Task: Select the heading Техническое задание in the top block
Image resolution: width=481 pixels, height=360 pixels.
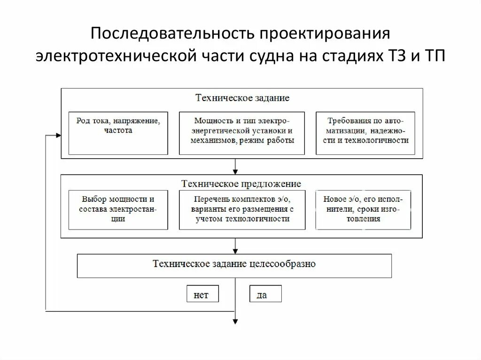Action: (242, 98)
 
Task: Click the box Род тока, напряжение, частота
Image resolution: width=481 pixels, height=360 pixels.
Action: (118, 133)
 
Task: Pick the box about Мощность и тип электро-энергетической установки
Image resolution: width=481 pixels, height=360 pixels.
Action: (242, 133)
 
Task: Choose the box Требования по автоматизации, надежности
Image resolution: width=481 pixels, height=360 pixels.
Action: (365, 133)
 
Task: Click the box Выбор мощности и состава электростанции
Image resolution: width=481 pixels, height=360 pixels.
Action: (118, 209)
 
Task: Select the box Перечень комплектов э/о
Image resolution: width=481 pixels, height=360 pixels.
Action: (242, 209)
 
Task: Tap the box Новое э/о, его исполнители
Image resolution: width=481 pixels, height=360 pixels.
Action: (363, 209)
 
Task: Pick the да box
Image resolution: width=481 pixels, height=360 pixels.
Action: (265, 294)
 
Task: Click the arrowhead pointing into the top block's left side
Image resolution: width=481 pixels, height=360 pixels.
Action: (58, 135)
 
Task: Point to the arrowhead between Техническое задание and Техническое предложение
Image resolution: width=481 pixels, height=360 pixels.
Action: (235, 171)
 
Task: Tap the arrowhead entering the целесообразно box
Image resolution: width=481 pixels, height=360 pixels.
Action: (235, 251)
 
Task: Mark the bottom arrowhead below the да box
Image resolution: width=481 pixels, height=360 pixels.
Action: (235, 321)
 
